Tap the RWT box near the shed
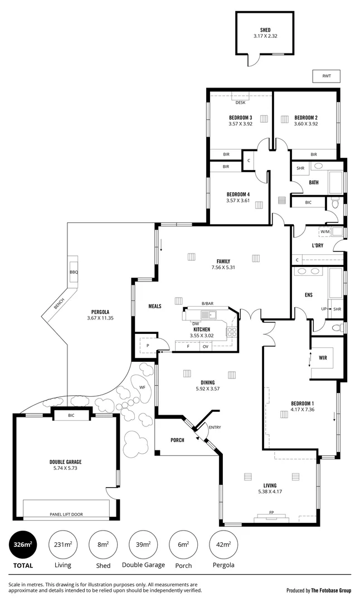[326, 76]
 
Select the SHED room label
[265, 30]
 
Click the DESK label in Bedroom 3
[240, 103]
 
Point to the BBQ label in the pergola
[73, 271]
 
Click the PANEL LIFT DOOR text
[66, 514]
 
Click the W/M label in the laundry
[324, 231]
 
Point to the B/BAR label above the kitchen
[207, 304]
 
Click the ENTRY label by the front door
[214, 427]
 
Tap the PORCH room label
[177, 440]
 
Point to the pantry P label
[147, 346]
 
